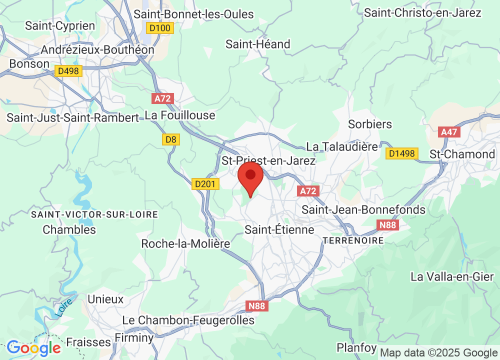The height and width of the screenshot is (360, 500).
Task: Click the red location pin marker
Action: coord(250,177)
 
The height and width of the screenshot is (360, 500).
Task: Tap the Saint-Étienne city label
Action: coord(279,229)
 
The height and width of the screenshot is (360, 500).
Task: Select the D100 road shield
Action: coord(160,28)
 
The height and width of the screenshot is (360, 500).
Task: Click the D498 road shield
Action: coord(68,71)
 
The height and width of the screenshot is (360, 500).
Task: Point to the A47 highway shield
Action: coord(448,132)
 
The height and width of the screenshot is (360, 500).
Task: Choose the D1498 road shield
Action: coord(401,153)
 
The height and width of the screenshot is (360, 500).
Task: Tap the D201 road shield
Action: coord(205,184)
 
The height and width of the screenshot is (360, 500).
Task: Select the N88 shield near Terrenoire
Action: coord(388,225)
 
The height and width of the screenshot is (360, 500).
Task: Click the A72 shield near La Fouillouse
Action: coord(163,98)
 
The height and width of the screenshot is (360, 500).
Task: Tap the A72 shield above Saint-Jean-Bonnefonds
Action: coord(308,191)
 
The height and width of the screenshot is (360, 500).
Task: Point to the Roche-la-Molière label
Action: coord(185,244)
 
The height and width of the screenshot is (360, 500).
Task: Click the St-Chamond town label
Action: coord(462,154)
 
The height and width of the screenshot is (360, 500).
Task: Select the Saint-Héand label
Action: coord(258,44)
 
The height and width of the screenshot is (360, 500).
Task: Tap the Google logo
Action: coord(33,347)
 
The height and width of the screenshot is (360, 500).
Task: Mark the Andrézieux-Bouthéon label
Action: coord(98,50)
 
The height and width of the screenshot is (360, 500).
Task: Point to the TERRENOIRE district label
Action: coord(353,240)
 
